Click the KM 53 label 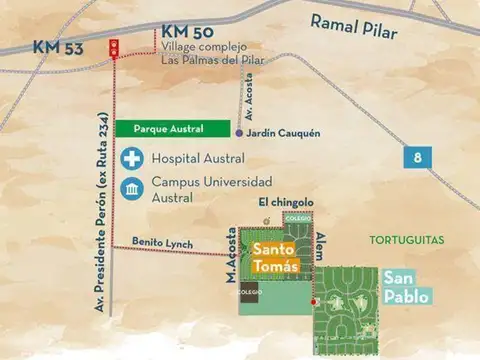57,47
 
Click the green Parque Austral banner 171,129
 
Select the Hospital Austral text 199,158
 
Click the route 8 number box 417,156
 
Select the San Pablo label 405,288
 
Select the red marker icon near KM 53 113,44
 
